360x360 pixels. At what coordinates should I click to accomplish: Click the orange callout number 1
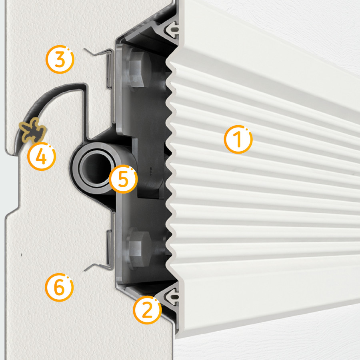(x=238, y=139)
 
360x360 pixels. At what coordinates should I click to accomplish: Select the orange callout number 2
(x=147, y=310)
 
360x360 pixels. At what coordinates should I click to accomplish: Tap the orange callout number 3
(x=60, y=59)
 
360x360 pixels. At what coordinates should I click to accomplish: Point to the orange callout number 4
(x=42, y=156)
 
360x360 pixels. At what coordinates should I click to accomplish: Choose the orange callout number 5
(x=123, y=179)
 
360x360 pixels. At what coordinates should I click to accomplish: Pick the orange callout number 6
(x=59, y=287)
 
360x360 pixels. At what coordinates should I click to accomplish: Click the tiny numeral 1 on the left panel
(x=21, y=255)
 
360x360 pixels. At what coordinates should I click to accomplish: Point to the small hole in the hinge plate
(x=151, y=170)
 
